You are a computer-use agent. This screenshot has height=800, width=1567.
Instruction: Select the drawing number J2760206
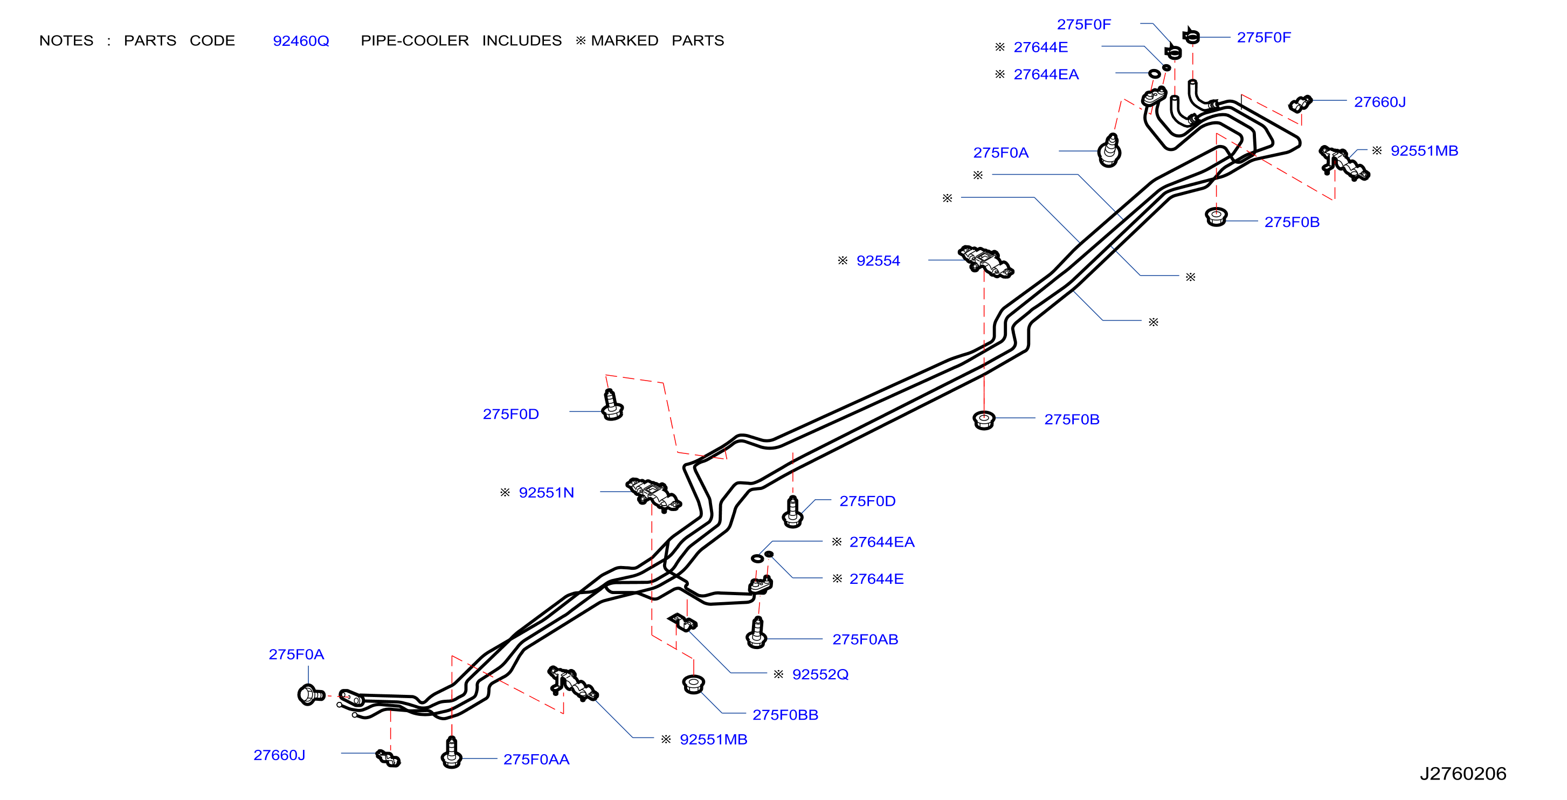point(1462,773)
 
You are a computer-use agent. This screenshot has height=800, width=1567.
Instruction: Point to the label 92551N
point(546,493)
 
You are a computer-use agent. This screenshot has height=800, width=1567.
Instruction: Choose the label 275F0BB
point(785,715)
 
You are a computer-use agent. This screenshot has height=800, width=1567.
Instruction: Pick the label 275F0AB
point(865,639)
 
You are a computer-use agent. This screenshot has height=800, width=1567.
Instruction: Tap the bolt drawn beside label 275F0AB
point(757,633)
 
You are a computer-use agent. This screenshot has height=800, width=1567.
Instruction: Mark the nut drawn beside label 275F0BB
point(693,685)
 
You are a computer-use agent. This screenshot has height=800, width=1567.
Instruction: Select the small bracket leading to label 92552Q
point(682,622)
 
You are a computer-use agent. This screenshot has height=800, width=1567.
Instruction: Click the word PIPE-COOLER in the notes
point(415,41)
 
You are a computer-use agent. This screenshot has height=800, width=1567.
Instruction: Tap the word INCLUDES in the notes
point(522,41)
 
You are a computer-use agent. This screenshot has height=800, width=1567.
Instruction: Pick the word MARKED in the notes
point(625,41)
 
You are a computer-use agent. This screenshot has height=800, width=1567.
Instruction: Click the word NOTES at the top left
point(66,41)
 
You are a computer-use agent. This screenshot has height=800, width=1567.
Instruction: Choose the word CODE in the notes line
point(212,41)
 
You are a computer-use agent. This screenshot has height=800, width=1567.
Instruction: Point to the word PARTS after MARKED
point(698,41)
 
